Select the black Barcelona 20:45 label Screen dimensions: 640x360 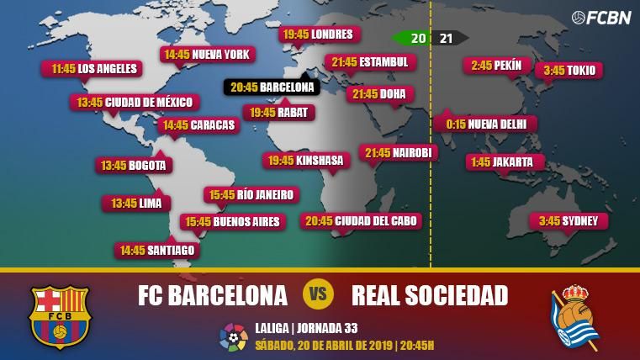[271, 87]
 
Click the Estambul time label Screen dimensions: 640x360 [369, 62]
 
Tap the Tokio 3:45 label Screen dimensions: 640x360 [569, 71]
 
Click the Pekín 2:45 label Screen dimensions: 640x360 [495, 66]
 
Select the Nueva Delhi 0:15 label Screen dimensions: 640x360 [485, 124]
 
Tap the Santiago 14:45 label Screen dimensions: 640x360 [157, 250]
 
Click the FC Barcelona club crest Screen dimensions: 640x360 [59, 315]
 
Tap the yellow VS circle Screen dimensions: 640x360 [319, 294]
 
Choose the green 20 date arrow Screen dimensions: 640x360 [413, 38]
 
